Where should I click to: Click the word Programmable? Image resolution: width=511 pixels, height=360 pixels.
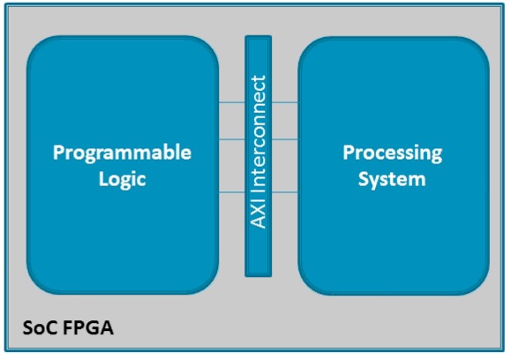122,154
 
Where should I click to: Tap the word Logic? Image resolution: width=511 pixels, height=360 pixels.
122,180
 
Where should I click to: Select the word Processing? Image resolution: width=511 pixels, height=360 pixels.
393,154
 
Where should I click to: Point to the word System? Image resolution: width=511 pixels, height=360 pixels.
392,180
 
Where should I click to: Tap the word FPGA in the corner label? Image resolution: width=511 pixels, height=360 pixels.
88,327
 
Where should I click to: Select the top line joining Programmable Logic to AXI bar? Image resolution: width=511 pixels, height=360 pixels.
232,102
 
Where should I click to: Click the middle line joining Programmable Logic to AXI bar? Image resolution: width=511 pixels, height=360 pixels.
232,139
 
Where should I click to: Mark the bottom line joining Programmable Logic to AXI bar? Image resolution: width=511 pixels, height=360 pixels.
232,192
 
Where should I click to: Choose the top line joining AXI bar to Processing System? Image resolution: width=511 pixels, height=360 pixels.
285,102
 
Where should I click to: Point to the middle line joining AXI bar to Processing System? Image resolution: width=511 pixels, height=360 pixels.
285,139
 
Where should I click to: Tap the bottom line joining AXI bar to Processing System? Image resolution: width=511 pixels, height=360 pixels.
285,192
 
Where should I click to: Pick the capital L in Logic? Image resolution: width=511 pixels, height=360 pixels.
103,179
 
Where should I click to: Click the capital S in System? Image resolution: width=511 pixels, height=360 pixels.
364,179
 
